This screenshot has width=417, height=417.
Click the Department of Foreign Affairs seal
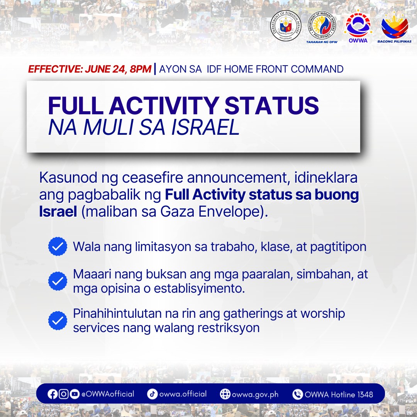[286, 26]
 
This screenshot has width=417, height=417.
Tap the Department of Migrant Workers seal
[322, 26]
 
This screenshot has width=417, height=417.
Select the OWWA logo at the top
[358, 26]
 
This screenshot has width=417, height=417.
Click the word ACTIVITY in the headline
[164, 105]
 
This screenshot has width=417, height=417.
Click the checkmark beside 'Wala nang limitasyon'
[58, 246]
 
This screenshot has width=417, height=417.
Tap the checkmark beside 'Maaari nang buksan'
[58, 281]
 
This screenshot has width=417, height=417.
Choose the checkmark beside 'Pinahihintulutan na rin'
[58, 320]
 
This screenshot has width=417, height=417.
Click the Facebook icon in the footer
[53, 394]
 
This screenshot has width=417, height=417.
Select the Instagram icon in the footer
[64, 394]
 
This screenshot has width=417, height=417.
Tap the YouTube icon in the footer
[75, 394]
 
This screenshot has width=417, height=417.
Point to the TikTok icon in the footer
[152, 394]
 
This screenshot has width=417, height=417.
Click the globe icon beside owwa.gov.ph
[225, 394]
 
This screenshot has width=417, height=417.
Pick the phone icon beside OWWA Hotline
[298, 394]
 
